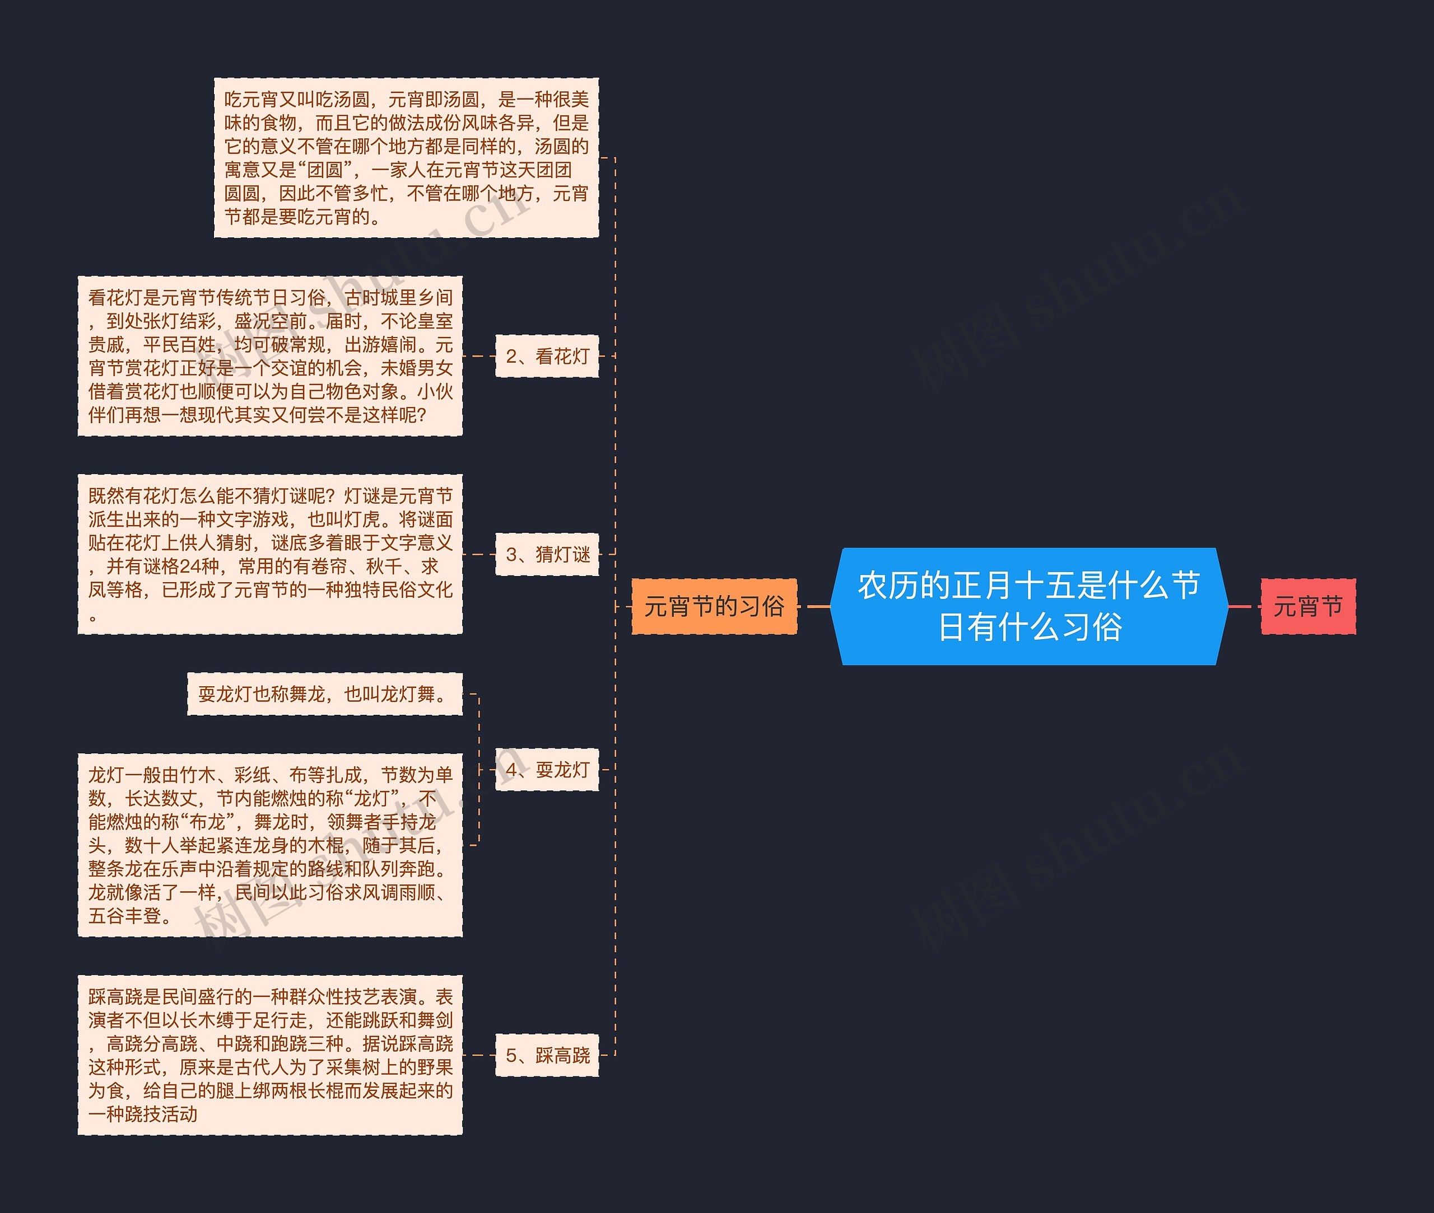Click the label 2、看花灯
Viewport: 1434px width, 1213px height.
tap(547, 356)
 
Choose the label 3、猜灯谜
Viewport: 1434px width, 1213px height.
tap(547, 554)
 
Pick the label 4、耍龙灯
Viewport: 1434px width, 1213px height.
tap(547, 770)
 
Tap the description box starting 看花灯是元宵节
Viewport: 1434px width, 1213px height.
tap(270, 356)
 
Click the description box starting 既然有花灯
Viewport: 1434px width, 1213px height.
tap(270, 554)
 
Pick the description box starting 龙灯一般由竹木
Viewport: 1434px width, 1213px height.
tap(270, 845)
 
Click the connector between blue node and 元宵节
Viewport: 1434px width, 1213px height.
tap(1244, 607)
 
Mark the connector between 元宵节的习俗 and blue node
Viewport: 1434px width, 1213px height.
tap(817, 607)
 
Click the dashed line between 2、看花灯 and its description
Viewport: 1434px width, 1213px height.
tap(479, 356)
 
